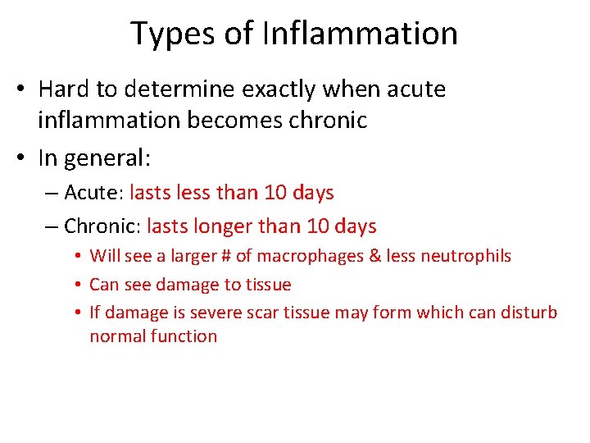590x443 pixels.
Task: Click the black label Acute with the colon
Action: point(93,193)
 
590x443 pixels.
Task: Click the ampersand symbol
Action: point(375,256)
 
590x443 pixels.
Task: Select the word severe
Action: point(248,313)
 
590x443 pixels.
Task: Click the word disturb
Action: point(529,313)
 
